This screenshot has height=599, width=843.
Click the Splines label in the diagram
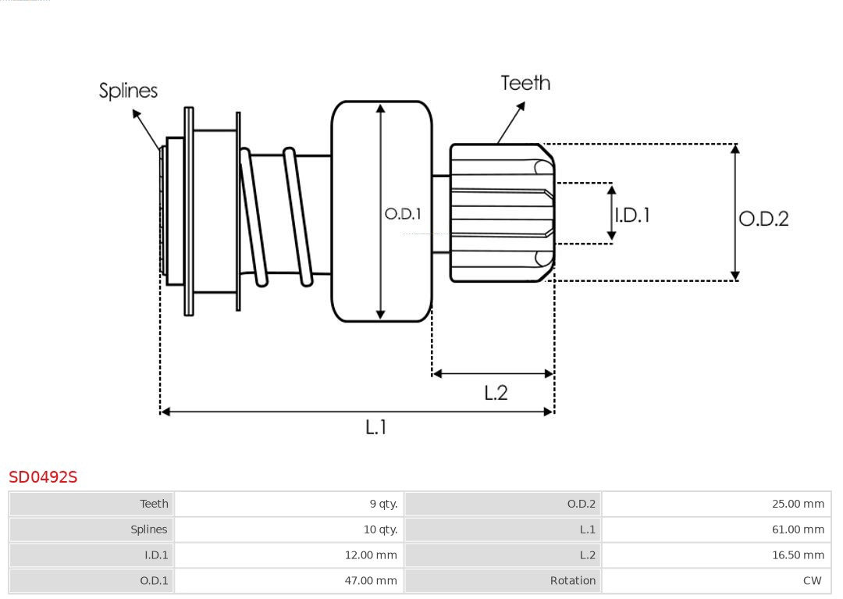pos(128,91)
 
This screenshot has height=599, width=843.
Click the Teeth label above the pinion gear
pos(525,83)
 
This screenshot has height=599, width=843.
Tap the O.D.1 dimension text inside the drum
pos(403,213)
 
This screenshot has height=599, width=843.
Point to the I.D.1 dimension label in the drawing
pos(632,215)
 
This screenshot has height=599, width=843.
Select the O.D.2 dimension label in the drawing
pos(763,219)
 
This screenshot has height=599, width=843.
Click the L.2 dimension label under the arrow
pos(496,392)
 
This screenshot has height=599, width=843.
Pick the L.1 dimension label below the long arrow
pos(376,427)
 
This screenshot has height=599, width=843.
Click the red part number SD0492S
pos(43,477)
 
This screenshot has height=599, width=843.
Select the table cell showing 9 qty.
pos(383,504)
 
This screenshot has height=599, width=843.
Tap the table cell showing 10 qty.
pos(380,529)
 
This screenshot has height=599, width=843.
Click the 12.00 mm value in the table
pos(371,555)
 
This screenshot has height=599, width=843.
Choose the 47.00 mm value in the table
pos(371,581)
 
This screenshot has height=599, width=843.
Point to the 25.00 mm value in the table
pos(798,504)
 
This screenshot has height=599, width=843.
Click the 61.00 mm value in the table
pos(798,529)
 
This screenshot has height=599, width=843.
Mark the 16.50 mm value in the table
pos(798,555)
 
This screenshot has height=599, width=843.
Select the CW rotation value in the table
pos(812,581)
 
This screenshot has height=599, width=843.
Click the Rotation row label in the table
pos(572,581)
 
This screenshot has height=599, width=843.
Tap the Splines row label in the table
pos(148,529)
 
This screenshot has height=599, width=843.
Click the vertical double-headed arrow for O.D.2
pos(735,212)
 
